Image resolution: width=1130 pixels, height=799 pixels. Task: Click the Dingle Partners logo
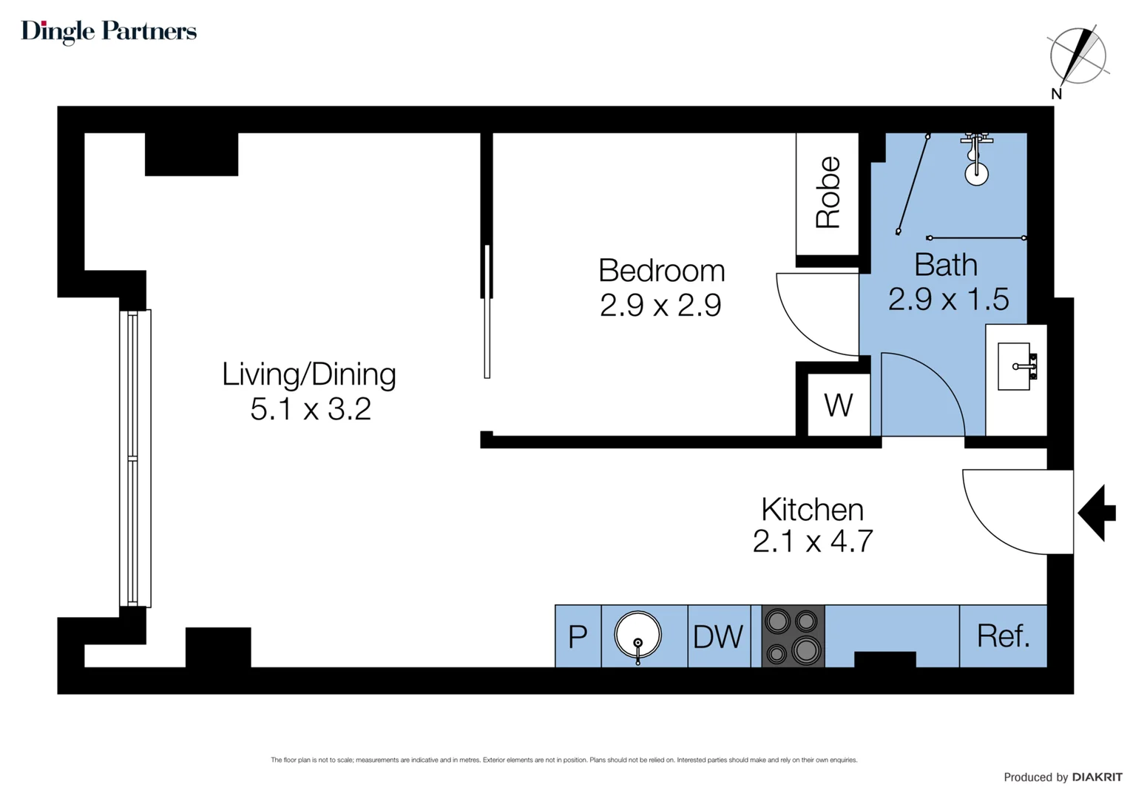click(109, 31)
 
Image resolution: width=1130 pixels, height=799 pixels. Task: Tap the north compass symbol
click(1077, 56)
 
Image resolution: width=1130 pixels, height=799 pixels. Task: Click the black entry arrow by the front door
click(1097, 513)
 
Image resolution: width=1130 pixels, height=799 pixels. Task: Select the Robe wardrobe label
click(828, 192)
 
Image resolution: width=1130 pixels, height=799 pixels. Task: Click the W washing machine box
click(838, 405)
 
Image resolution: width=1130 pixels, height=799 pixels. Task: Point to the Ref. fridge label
click(1003, 636)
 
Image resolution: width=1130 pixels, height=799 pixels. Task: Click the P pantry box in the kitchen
click(578, 636)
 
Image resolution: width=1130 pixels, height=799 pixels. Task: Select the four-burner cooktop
click(793, 636)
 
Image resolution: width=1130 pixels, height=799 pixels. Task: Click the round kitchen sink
click(637, 635)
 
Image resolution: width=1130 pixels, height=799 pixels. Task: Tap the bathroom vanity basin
click(1015, 366)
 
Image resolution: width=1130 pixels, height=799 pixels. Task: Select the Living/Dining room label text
click(309, 374)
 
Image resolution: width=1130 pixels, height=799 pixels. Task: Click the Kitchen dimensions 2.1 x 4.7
click(812, 542)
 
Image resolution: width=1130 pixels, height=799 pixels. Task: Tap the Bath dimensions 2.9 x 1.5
click(948, 300)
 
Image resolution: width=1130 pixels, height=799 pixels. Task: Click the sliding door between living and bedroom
click(487, 311)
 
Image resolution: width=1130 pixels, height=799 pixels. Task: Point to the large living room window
click(135, 459)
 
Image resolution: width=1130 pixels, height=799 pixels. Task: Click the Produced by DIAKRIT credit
click(1063, 777)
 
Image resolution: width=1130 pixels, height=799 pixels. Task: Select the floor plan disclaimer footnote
click(564, 760)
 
